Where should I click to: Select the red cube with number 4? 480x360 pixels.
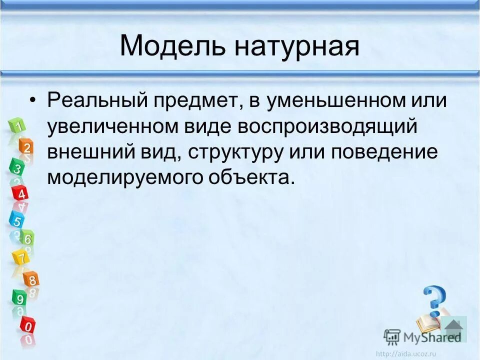tap(21, 193)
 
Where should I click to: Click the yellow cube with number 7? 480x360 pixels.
tap(20, 258)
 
